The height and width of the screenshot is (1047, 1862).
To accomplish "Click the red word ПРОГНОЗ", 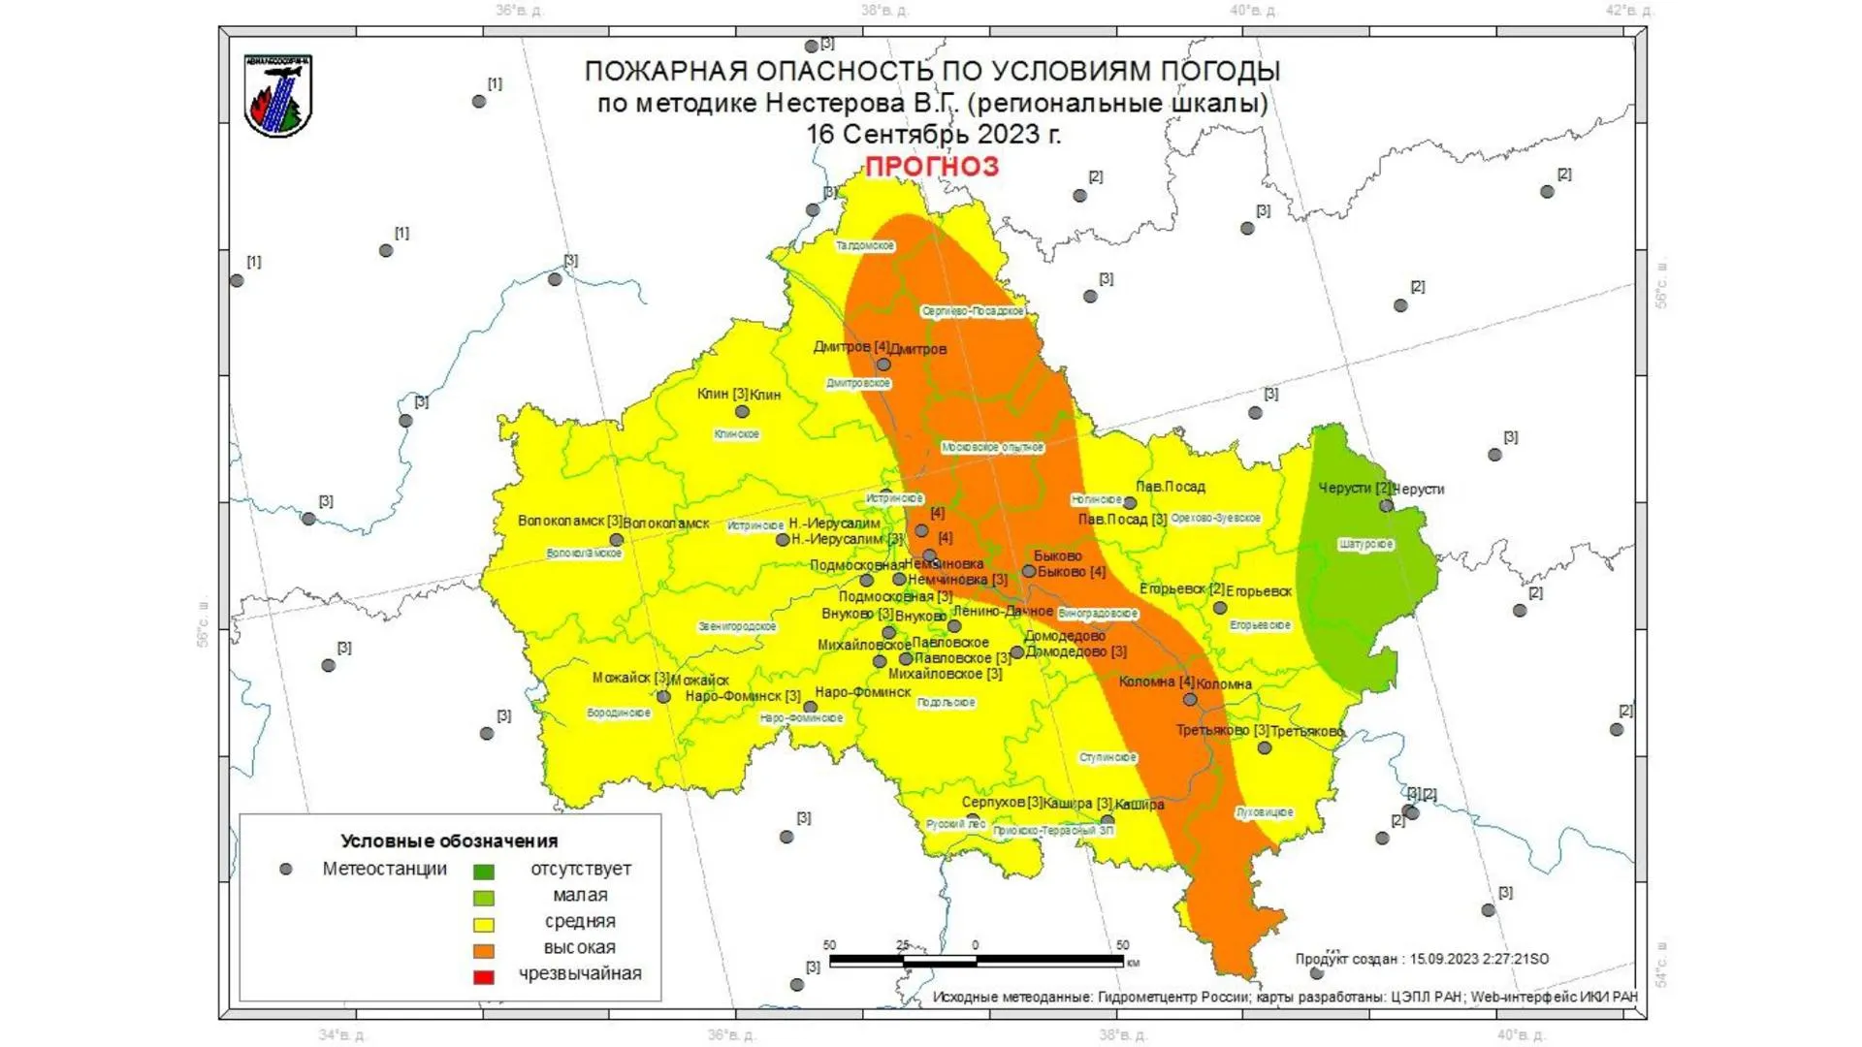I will (931, 167).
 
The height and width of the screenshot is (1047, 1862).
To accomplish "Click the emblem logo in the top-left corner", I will (278, 96).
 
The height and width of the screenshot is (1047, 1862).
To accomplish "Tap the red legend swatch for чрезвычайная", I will (483, 976).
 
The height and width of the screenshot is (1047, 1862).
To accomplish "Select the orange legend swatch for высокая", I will (483, 950).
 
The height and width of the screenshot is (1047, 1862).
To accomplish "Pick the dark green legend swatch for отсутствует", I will (483, 872).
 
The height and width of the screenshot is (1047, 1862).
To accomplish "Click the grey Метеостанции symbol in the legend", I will (286, 870).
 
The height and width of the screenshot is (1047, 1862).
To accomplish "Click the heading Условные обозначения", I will (449, 841).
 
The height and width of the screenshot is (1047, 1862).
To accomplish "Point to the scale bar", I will (976, 961).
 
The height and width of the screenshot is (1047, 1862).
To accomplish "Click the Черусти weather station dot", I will (1386, 506).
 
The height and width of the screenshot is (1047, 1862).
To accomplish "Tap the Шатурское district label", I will (1365, 544).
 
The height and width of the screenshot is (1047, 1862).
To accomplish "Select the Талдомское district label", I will (865, 245).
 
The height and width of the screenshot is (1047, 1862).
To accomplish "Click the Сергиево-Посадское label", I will (973, 311).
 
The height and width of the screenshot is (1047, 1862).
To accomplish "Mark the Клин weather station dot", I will (742, 412).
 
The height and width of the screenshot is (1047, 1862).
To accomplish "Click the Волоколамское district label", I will (584, 553).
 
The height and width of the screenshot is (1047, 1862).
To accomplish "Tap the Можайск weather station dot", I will (663, 697).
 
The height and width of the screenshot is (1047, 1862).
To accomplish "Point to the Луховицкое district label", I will (1265, 812).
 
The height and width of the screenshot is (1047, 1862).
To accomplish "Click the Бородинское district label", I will (619, 713).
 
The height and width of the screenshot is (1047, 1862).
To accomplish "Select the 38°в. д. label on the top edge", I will (884, 11).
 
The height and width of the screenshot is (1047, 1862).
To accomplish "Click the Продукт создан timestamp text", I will (1422, 959).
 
